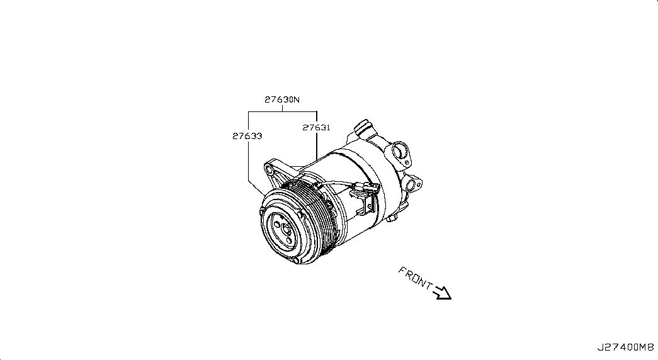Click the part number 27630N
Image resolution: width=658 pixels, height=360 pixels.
[282, 99]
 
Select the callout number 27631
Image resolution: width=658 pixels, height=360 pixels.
[317, 127]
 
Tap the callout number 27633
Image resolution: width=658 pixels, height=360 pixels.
[247, 136]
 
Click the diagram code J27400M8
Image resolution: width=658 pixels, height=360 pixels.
[626, 347]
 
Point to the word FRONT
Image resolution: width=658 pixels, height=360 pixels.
[415, 278]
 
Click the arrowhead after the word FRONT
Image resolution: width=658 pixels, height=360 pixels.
[442, 293]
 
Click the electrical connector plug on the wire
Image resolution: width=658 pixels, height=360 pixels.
[366, 188]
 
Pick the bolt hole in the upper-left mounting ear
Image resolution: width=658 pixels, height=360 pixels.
[269, 170]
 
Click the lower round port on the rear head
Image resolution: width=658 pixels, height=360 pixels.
[412, 184]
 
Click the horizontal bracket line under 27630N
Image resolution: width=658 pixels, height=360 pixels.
[282, 111]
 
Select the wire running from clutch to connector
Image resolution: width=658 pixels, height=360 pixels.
[336, 183]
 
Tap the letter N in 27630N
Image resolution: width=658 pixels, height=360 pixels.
[297, 99]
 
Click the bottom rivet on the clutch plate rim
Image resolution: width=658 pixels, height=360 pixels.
[297, 261]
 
